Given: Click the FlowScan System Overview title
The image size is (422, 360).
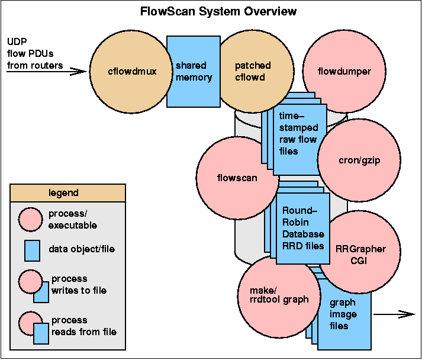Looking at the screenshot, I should click(218, 11).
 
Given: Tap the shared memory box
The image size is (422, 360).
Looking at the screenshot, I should click(194, 72).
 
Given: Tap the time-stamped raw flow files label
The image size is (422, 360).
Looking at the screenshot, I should click(299, 140).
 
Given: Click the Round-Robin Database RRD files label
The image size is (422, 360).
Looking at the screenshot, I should click(303, 228).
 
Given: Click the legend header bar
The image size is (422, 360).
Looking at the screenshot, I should click(67, 193).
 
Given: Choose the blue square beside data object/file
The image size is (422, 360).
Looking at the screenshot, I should click(32, 249).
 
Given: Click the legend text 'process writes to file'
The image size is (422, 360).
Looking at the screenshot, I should click(69, 284).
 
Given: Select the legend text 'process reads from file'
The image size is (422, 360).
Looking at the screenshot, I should click(83, 326).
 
